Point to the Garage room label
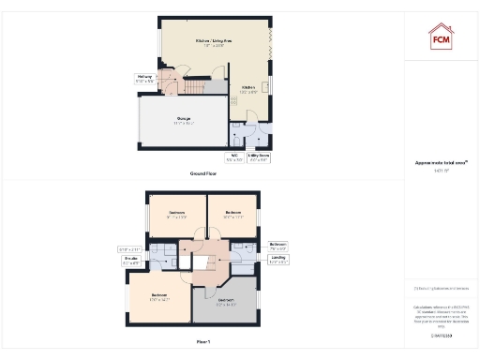pos(183,121)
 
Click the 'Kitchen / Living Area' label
pos(213,42)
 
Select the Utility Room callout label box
pos(259,158)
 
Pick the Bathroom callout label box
pos(278,247)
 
